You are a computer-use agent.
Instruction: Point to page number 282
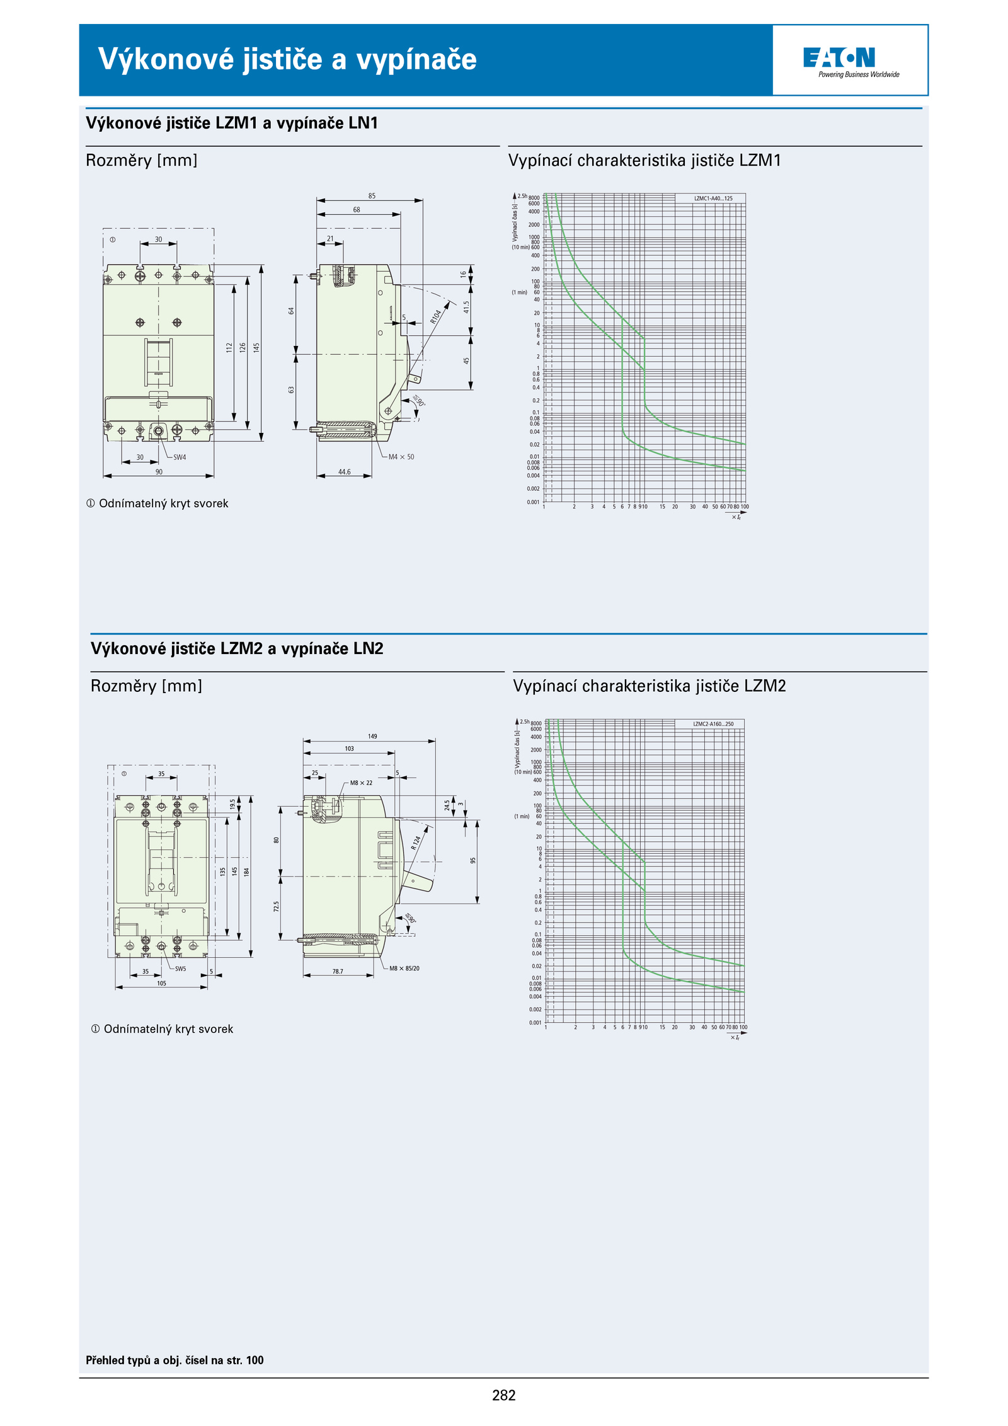click(x=503, y=1395)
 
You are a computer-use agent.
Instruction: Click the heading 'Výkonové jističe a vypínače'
click(x=287, y=59)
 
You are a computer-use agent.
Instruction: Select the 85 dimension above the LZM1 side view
click(x=372, y=196)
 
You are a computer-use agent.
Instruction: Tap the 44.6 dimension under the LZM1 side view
click(x=344, y=471)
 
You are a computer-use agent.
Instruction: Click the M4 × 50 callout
click(x=401, y=457)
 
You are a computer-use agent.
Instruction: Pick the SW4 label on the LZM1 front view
click(x=180, y=457)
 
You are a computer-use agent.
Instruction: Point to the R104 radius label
click(x=436, y=316)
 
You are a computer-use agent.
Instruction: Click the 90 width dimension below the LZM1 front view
click(x=159, y=471)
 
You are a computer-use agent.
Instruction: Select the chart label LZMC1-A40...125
click(x=713, y=198)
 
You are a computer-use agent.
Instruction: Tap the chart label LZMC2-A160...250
click(x=713, y=724)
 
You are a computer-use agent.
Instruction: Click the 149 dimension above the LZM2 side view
click(x=372, y=736)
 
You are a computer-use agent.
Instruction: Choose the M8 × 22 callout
click(x=361, y=783)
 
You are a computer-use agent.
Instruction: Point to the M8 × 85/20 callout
click(x=404, y=969)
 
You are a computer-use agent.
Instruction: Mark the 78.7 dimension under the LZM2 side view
click(x=338, y=971)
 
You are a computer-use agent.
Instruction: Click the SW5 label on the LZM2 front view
click(x=180, y=969)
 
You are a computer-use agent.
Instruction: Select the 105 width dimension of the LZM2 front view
click(x=161, y=983)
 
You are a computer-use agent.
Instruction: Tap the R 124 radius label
click(x=416, y=842)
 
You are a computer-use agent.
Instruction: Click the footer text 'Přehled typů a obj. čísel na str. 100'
click(x=175, y=1360)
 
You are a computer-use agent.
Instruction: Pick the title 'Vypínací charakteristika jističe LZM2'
click(x=650, y=686)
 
